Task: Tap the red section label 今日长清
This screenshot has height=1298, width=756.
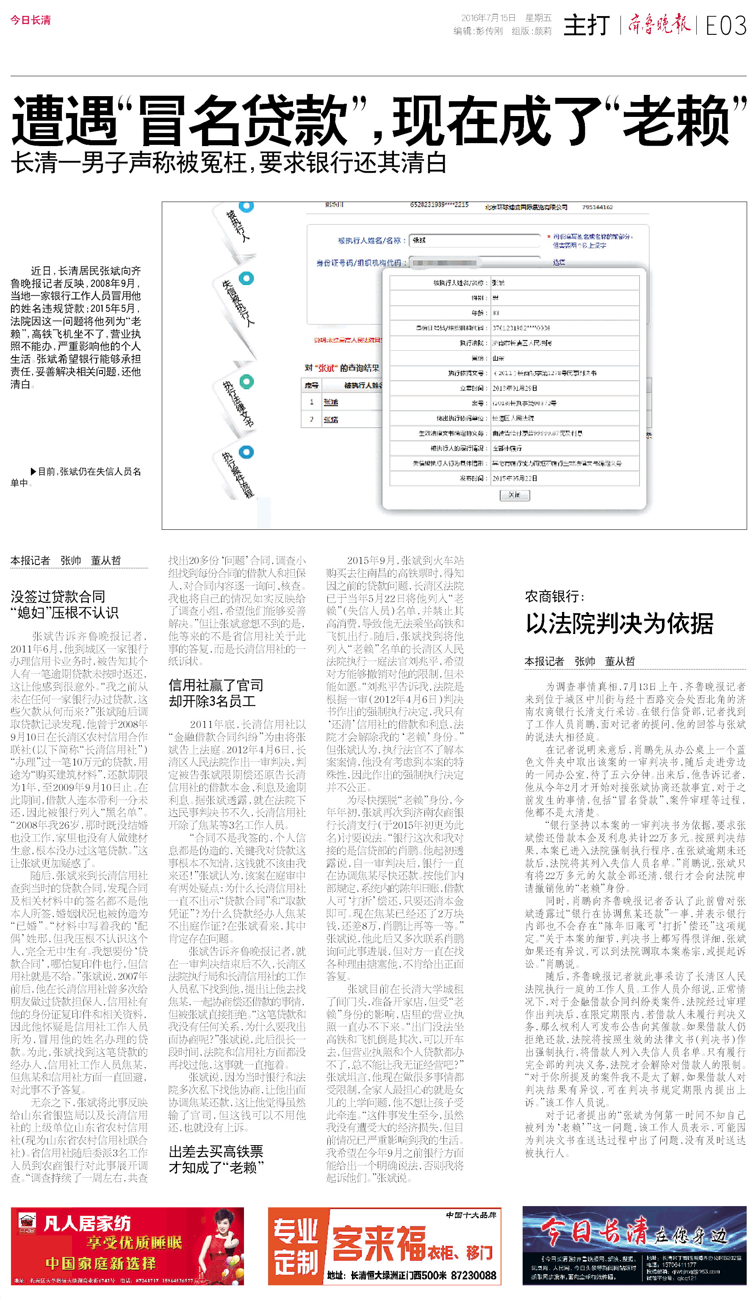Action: pyautogui.click(x=30, y=20)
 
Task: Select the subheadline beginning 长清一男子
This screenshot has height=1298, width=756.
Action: pyautogui.click(x=229, y=163)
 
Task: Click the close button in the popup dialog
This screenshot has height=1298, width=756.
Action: pyautogui.click(x=514, y=495)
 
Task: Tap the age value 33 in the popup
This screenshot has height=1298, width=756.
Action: pyautogui.click(x=496, y=313)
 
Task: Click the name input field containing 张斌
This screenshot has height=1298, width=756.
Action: pyautogui.click(x=474, y=240)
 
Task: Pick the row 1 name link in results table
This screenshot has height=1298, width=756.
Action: pyautogui.click(x=331, y=402)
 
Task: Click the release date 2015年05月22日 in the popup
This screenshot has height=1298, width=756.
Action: pyautogui.click(x=515, y=478)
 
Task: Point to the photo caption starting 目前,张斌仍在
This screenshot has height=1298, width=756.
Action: pyautogui.click(x=76, y=476)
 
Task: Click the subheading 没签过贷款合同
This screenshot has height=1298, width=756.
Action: pyautogui.click(x=58, y=596)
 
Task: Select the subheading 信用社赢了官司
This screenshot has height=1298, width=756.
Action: pyautogui.click(x=216, y=685)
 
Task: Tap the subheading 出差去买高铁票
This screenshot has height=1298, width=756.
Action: pyautogui.click(x=216, y=1151)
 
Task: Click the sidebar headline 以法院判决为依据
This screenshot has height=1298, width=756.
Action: pyautogui.click(x=619, y=624)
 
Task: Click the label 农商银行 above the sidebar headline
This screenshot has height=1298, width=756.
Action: pyautogui.click(x=554, y=596)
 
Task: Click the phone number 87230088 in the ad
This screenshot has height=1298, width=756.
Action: pyautogui.click(x=473, y=1275)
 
